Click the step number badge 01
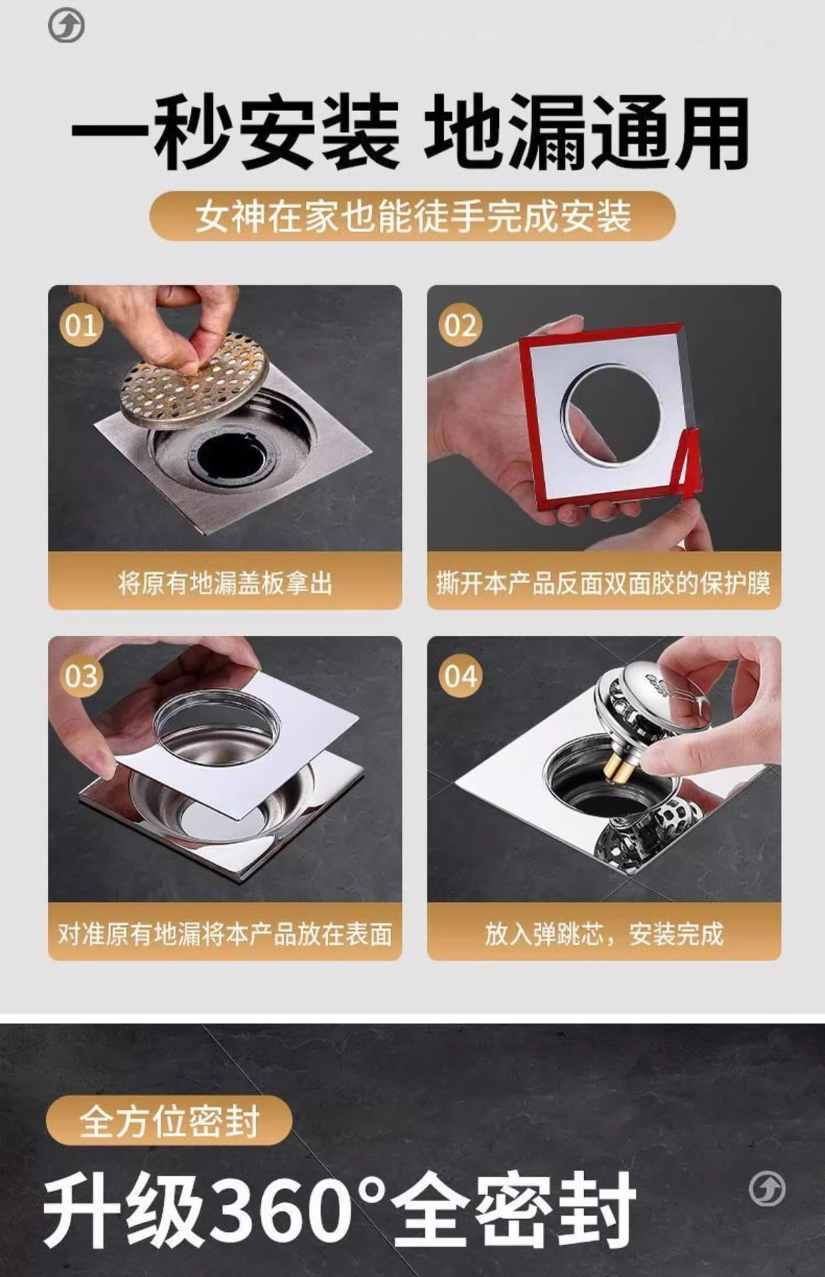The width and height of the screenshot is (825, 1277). pyautogui.click(x=81, y=325)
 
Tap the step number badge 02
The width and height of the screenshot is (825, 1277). pyautogui.click(x=460, y=325)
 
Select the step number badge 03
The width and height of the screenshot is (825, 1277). pyautogui.click(x=81, y=676)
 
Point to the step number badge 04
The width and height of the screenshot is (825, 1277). pyautogui.click(x=460, y=676)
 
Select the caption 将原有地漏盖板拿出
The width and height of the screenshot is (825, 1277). pyautogui.click(x=225, y=583)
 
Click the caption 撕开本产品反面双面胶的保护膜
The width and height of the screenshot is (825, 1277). pyautogui.click(x=603, y=583)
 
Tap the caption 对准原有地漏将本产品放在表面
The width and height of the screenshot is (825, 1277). pyautogui.click(x=225, y=934)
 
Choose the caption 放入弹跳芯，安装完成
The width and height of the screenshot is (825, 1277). pyautogui.click(x=603, y=934)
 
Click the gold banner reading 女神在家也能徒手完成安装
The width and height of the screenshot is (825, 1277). pyautogui.click(x=412, y=216)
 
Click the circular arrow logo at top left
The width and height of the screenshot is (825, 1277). pyautogui.click(x=67, y=27)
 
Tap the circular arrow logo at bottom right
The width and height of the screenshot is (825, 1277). pyautogui.click(x=767, y=1189)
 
